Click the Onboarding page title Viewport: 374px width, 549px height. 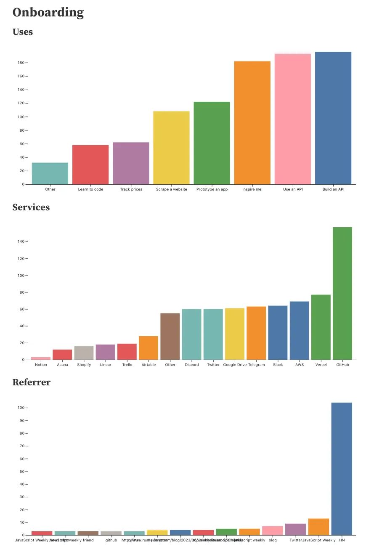click(48, 13)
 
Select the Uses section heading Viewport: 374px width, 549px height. click(23, 32)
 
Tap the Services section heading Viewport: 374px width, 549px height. click(31, 207)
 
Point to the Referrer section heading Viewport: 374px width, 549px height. click(32, 382)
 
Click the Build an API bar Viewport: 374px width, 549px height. click(333, 118)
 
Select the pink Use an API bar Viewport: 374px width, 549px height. click(293, 119)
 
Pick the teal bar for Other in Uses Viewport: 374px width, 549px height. click(50, 173)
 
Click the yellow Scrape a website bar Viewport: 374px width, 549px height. click(171, 148)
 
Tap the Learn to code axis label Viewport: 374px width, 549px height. click(90, 189)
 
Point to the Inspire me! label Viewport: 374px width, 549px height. click(252, 189)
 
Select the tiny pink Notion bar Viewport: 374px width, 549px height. click(41, 358)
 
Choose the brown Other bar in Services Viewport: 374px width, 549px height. click(170, 337)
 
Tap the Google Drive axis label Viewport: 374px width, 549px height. click(235, 365)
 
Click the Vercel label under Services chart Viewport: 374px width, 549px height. click(321, 365)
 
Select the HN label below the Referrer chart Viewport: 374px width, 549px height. click(342, 540)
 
